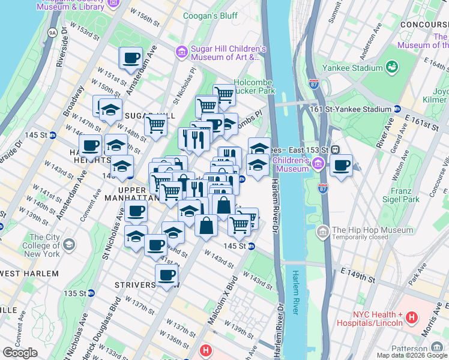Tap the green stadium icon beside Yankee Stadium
[393, 66]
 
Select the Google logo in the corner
[20, 353]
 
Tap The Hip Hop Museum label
[372, 230]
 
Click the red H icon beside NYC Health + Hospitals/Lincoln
[411, 316]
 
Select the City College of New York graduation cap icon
[70, 245]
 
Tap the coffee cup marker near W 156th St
[131, 59]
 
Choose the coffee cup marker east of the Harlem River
[341, 166]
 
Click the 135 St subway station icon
[91, 293]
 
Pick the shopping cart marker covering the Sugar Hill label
[155, 126]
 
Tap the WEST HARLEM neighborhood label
[29, 274]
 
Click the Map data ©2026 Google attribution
[411, 355]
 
